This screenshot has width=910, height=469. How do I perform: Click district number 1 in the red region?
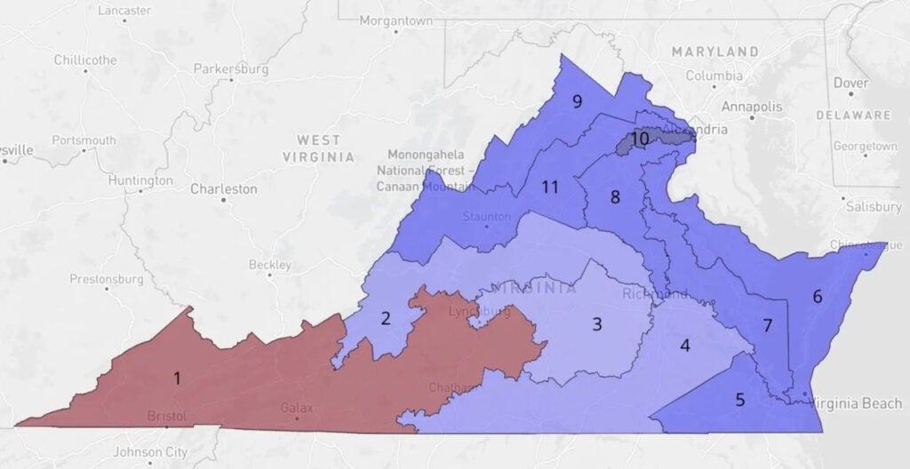pos(177,379)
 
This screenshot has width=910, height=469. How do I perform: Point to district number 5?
pos(740,400)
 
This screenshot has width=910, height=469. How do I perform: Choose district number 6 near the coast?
pos(818,297)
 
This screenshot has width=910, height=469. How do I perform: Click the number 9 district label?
pos(577,101)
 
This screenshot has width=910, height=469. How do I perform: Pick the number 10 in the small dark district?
pos(640,139)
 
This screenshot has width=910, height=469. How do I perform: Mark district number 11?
pos(550,187)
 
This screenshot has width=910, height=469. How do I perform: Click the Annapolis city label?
pos(753,107)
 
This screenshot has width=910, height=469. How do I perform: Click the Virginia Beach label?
pos(844,404)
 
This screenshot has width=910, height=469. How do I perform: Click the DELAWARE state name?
pos(853,115)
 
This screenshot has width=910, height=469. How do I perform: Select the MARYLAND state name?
pos(715,52)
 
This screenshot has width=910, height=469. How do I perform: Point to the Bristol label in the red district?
pos(167,416)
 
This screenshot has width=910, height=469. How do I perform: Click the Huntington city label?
pos(140,180)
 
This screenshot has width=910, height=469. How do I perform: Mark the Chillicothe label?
pos(85,60)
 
